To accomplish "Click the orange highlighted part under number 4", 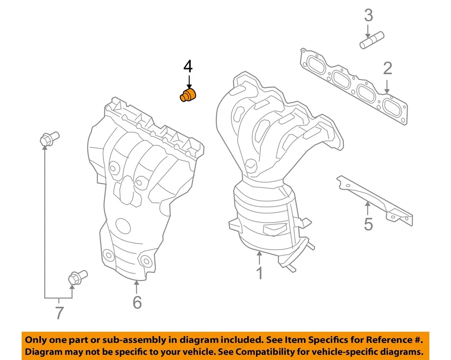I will pyautogui.click(x=189, y=95).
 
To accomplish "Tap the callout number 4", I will pyautogui.click(x=187, y=66).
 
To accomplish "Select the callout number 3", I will pyautogui.click(x=369, y=16).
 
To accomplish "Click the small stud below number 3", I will pyautogui.click(x=372, y=39).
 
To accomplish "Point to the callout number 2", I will pyautogui.click(x=387, y=69).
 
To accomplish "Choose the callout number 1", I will pyautogui.click(x=259, y=273).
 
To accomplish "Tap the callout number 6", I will pyautogui.click(x=137, y=302).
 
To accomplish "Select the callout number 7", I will pyautogui.click(x=59, y=313).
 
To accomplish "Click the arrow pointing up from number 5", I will pyautogui.click(x=368, y=209).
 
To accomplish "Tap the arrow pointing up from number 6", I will pyautogui.click(x=137, y=287).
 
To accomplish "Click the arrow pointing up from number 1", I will pyautogui.click(x=259, y=258).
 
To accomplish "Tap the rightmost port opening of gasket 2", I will pyautogui.click(x=392, y=107).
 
